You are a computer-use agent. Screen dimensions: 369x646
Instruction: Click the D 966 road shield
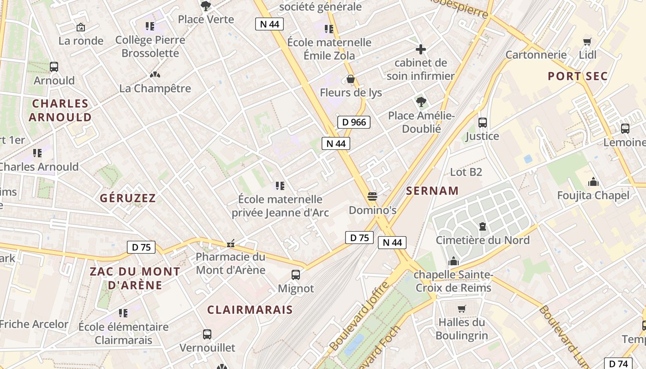tap(354, 122)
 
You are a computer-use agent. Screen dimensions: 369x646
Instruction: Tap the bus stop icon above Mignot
tap(296, 275)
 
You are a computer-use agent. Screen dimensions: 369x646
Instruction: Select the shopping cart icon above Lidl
tap(587, 42)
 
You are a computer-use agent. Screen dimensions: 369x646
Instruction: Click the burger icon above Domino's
tap(372, 196)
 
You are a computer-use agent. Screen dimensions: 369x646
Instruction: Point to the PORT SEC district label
tap(578, 77)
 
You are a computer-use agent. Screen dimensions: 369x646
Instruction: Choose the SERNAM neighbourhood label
tap(432, 190)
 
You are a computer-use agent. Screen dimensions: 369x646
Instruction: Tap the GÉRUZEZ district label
tap(128, 198)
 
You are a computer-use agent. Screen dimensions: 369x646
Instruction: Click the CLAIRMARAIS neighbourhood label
tap(250, 309)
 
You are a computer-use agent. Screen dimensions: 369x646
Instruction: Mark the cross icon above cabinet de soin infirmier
tap(421, 49)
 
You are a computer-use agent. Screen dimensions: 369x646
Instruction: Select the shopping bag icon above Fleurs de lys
tap(351, 79)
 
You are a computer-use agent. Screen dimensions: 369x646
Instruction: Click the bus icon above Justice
tap(483, 123)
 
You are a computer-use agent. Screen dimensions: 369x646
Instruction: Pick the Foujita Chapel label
tap(593, 196)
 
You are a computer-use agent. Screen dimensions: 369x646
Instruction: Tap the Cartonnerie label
tap(536, 55)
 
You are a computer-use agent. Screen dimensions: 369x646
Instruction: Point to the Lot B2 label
tap(466, 172)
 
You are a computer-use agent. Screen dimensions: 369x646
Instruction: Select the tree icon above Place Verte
tap(206, 6)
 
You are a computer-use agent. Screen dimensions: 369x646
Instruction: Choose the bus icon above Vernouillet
tap(207, 334)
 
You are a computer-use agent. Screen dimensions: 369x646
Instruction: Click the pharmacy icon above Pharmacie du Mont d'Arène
tap(230, 243)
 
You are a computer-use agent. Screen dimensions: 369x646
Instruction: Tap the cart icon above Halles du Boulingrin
tap(461, 309)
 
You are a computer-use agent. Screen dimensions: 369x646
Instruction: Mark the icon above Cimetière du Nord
tap(483, 226)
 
